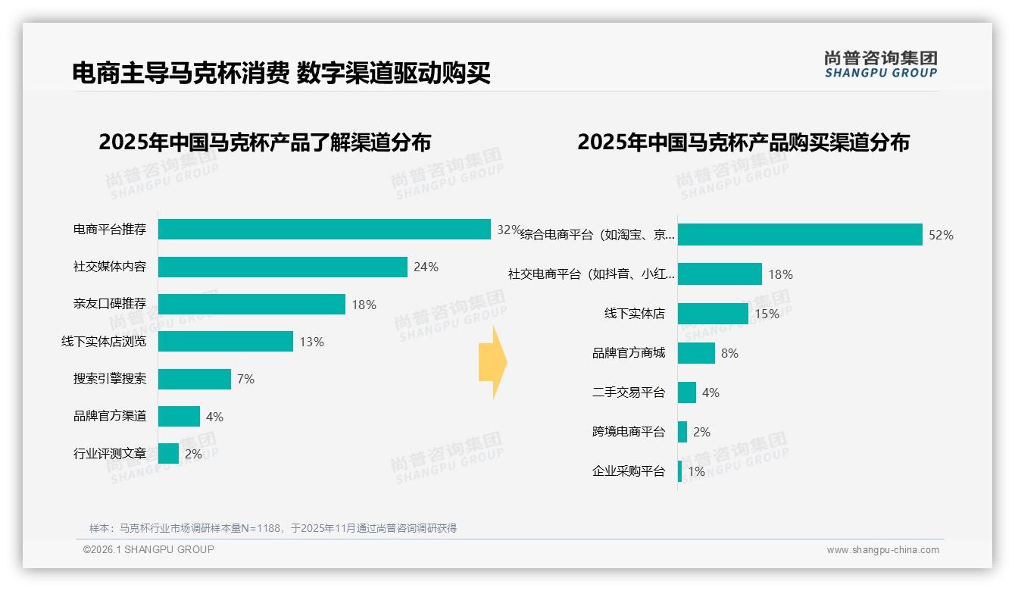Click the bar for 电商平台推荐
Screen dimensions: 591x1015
pyautogui.click(x=324, y=230)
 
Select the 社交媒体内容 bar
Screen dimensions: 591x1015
pyautogui.click(x=283, y=267)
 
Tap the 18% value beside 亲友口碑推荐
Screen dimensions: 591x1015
pyautogui.click(x=364, y=305)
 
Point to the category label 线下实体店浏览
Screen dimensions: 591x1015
pyautogui.click(x=104, y=342)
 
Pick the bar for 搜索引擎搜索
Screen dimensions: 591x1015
pyautogui.click(x=195, y=379)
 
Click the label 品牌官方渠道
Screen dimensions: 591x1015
pyautogui.click(x=110, y=416)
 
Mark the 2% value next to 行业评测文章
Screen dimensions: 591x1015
pyautogui.click(x=193, y=454)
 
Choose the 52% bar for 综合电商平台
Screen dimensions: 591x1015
pyautogui.click(x=800, y=235)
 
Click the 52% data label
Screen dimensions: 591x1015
pyautogui.click(x=941, y=235)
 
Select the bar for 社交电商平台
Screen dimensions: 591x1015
pyautogui.click(x=720, y=274)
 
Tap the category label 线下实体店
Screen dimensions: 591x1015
pyautogui.click(x=634, y=314)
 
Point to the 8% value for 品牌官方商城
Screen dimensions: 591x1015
pyautogui.click(x=729, y=353)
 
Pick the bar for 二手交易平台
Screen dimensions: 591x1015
pyautogui.click(x=687, y=392)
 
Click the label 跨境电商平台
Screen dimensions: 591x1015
pyautogui.click(x=628, y=432)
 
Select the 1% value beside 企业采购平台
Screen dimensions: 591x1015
pyautogui.click(x=696, y=471)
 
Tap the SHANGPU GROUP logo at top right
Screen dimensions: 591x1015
pyautogui.click(x=881, y=64)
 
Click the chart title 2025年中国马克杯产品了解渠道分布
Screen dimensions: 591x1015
pyautogui.click(x=264, y=142)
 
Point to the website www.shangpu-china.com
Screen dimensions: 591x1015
pyautogui.click(x=882, y=550)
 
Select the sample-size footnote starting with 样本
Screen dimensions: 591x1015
pyautogui.click(x=273, y=528)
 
